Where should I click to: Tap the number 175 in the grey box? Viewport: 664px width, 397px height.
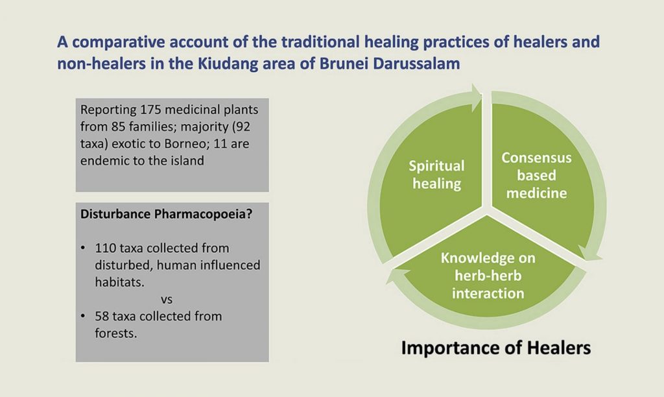[x=150, y=110]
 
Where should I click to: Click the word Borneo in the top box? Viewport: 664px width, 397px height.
[x=185, y=143]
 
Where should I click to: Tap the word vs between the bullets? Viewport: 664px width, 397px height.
[x=167, y=300]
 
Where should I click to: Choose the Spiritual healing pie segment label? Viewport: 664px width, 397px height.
[x=436, y=174]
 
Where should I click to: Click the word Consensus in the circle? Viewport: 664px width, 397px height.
[x=536, y=158]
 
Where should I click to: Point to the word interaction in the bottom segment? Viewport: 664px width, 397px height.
[x=488, y=293]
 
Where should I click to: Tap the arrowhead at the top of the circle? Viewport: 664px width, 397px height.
[x=477, y=92]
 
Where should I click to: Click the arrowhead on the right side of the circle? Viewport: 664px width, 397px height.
[x=590, y=254]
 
